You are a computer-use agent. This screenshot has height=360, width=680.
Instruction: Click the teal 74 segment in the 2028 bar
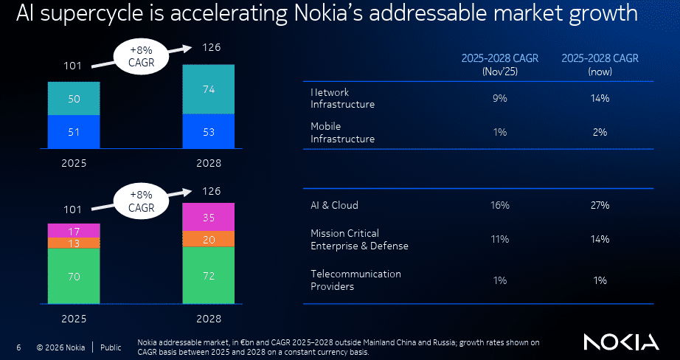pyautogui.click(x=209, y=89)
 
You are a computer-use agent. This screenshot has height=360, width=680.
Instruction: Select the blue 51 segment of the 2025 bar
pyautogui.click(x=74, y=132)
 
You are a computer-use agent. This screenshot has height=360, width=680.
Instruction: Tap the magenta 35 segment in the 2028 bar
pyautogui.click(x=209, y=218)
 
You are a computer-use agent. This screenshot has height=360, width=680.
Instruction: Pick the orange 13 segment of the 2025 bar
pyautogui.click(x=74, y=243)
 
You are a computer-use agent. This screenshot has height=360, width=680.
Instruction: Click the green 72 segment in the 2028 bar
pyautogui.click(x=209, y=275)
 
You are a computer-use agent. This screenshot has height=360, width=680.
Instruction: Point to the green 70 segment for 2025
pyautogui.click(x=74, y=277)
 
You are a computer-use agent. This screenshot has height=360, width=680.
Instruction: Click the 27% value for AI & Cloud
pyautogui.click(x=599, y=205)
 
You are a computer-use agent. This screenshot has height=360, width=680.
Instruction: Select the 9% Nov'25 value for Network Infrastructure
pyautogui.click(x=500, y=98)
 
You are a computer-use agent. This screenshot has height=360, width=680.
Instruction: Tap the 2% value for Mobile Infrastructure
pyautogui.click(x=599, y=132)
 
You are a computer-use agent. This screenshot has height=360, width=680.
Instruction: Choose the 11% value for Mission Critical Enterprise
pyautogui.click(x=500, y=239)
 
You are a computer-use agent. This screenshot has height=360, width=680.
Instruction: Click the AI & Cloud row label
pyautogui.click(x=334, y=205)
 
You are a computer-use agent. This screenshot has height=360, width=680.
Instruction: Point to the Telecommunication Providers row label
pyautogui.click(x=355, y=280)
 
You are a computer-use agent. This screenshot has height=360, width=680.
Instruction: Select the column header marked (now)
pyautogui.click(x=599, y=65)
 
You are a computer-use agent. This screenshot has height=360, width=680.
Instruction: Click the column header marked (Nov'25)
pyautogui.click(x=500, y=65)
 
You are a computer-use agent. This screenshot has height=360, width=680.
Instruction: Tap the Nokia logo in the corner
pyautogui.click(x=620, y=342)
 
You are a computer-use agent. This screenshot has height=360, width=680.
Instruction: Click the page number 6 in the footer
pyautogui.click(x=18, y=347)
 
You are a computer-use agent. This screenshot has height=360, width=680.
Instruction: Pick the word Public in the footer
pyautogui.click(x=111, y=347)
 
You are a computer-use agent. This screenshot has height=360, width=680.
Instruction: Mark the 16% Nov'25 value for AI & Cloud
pyautogui.click(x=500, y=205)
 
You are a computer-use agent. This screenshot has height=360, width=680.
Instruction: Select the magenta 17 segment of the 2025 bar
pyautogui.click(x=74, y=230)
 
